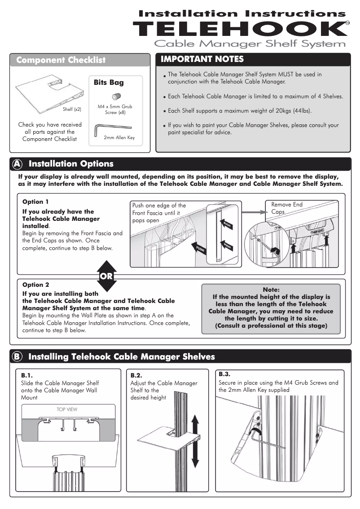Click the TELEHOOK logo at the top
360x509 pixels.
[x=241, y=29]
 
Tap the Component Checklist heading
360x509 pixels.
[x=61, y=60]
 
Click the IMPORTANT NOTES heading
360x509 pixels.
[x=202, y=59]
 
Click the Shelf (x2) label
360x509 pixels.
[x=72, y=109]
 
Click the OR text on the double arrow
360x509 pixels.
[x=106, y=276]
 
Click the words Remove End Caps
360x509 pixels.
[x=286, y=208]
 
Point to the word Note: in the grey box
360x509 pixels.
[x=271, y=290]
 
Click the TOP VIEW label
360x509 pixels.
[x=67, y=409]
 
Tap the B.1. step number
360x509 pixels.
[x=27, y=374]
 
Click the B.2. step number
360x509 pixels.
[x=136, y=375]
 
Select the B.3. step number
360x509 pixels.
[x=224, y=374]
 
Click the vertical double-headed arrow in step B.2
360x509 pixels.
[x=195, y=441]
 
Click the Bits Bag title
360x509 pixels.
[x=109, y=83]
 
